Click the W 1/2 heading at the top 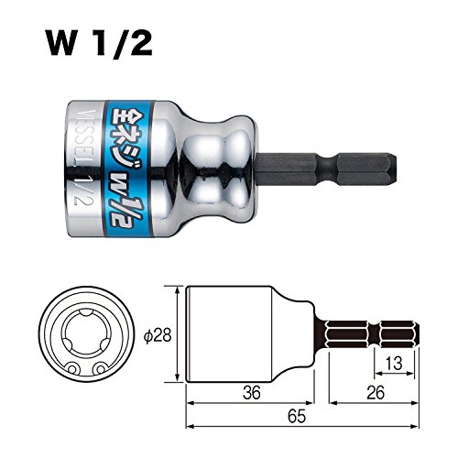click(x=99, y=42)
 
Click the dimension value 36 click(x=252, y=392)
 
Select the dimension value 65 click(x=297, y=417)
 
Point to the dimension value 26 click(x=376, y=392)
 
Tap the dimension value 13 click(x=394, y=364)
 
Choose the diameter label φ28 click(x=158, y=336)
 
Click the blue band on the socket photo click(x=129, y=169)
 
